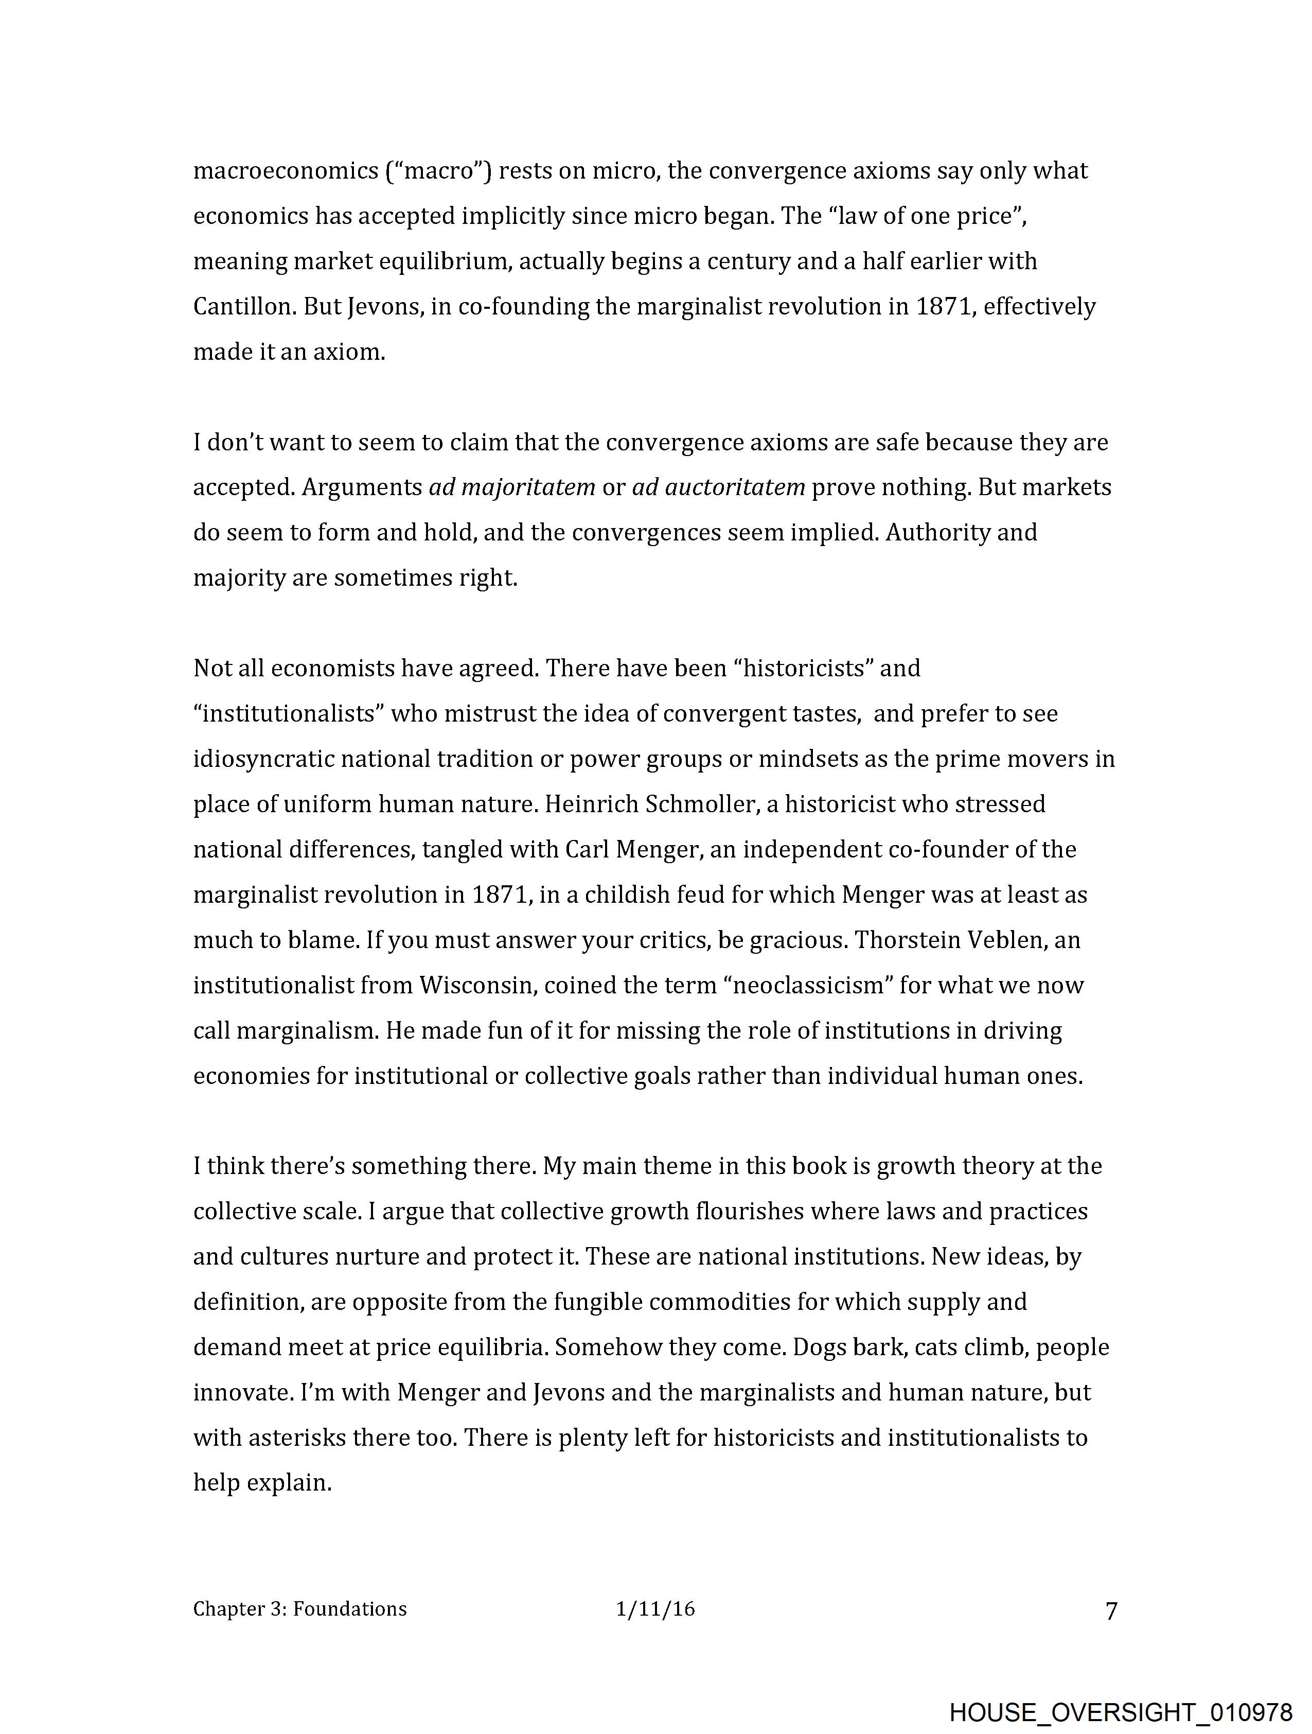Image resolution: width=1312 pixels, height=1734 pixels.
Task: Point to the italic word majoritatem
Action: pyautogui.click(x=512, y=487)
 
